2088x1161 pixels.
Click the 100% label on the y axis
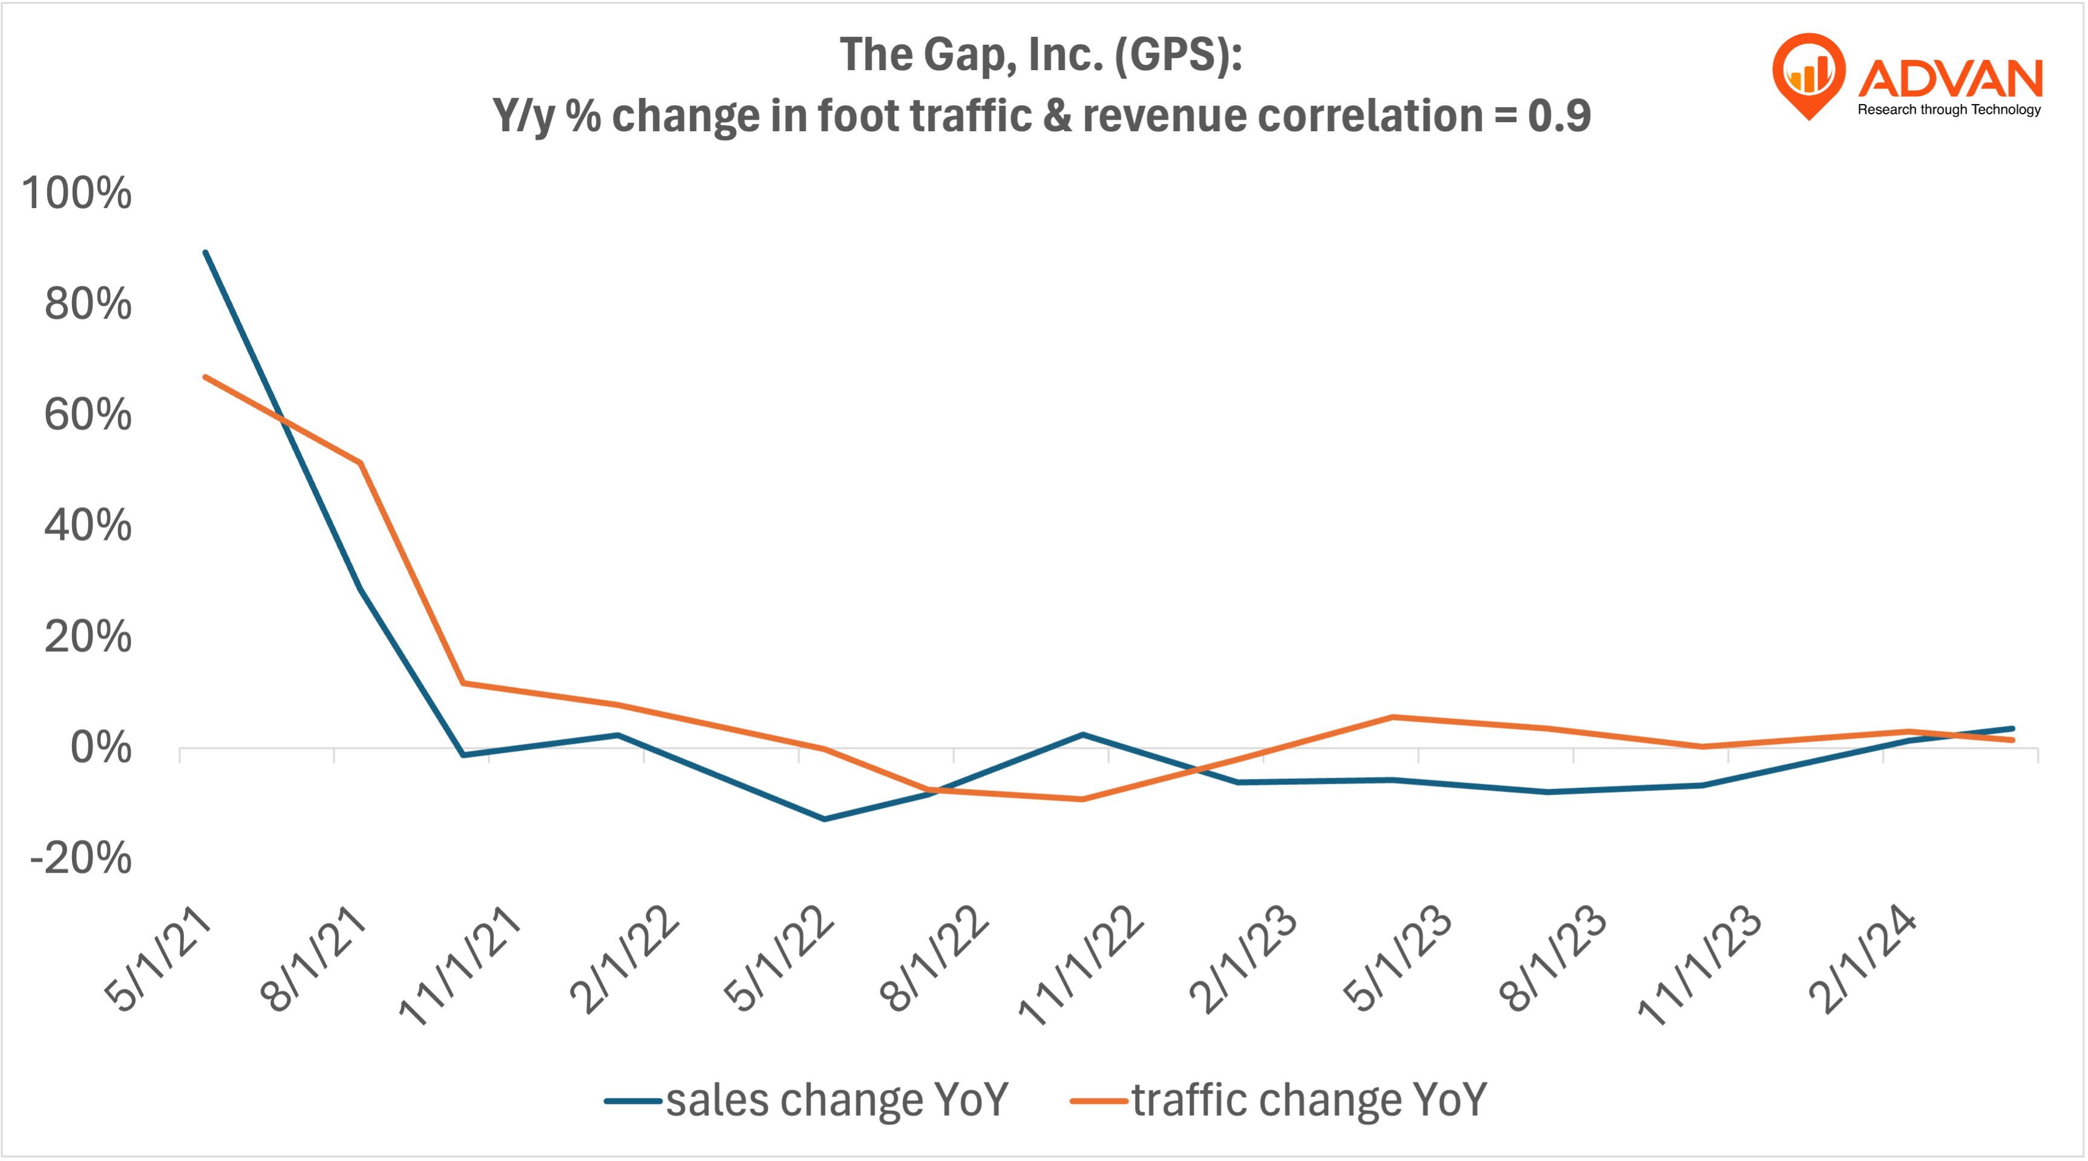click(77, 193)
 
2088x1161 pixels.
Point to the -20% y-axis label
click(80, 858)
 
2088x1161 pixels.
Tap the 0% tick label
click(100, 748)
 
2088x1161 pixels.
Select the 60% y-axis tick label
click(88, 415)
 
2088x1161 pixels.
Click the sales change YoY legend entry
click(807, 1101)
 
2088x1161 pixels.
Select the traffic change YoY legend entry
click(1279, 1101)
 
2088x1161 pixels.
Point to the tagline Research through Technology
click(1949, 109)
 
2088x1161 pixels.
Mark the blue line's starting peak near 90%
click(206, 253)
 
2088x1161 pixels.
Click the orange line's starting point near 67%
click(206, 377)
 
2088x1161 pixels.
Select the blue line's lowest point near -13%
click(824, 819)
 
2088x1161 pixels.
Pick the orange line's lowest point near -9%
click(1083, 799)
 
